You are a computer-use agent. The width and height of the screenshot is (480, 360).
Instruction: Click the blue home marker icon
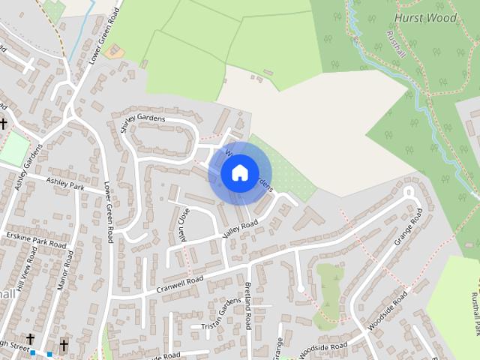point(239,173)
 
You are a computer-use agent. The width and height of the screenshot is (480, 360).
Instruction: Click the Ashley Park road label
point(66,182)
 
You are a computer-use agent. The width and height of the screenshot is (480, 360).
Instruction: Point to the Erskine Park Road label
point(35,240)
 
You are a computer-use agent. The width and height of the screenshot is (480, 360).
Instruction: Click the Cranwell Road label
point(181,284)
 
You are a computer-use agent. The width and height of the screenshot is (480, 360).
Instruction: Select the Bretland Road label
point(247,307)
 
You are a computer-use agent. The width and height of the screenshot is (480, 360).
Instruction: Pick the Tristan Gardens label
point(221,315)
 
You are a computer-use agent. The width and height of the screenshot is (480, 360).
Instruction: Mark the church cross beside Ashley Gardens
point(4,123)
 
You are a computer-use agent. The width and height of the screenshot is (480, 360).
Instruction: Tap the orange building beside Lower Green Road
point(115,52)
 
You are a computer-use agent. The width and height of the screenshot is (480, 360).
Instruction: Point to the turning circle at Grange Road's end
point(409,191)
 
